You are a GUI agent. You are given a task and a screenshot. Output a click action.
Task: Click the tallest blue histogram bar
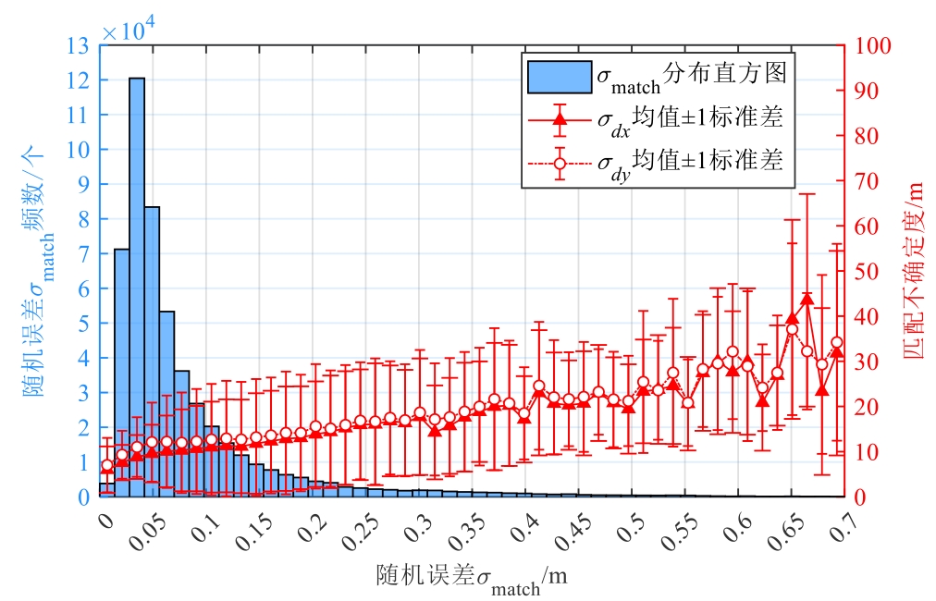136,287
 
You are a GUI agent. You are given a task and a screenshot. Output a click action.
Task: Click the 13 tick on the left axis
79,45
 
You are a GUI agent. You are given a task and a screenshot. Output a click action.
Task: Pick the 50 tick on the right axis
866,271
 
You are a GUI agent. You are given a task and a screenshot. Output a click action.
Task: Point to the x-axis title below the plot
472,578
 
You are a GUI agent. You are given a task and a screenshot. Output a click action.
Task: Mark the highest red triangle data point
807,299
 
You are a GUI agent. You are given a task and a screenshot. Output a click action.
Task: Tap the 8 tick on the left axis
82,218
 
